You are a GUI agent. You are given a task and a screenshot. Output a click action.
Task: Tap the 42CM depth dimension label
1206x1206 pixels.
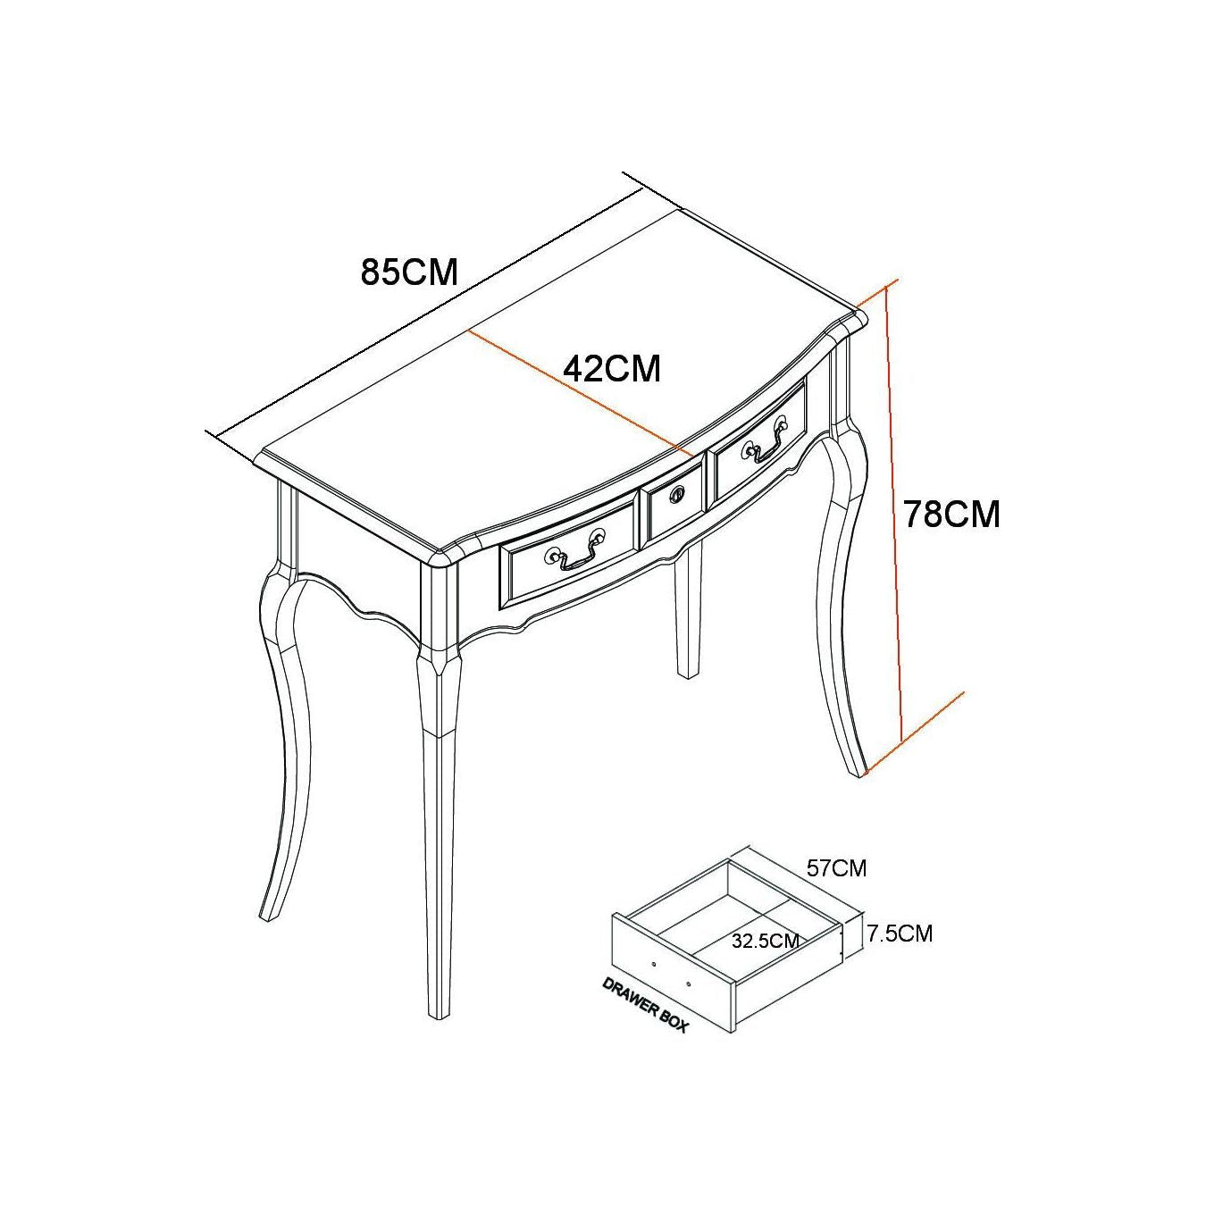pos(612,369)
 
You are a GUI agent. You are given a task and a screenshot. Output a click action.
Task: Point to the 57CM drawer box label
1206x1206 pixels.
pos(837,868)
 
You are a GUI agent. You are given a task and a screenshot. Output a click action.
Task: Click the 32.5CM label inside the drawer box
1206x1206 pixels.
pos(766,959)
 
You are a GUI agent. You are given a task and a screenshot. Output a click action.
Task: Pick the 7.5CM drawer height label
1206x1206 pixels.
pos(900,951)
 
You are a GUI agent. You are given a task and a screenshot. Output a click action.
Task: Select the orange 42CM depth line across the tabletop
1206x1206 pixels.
pos(580,393)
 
